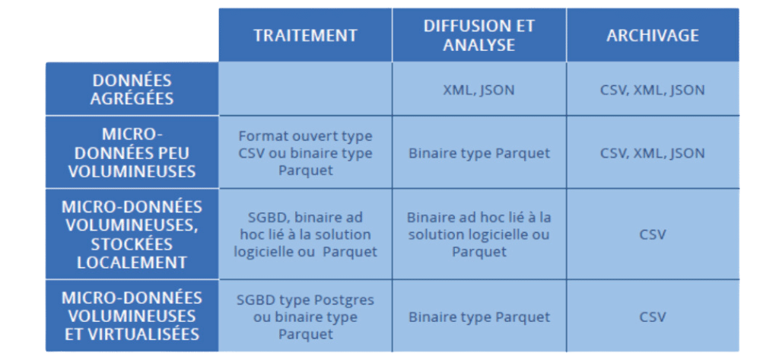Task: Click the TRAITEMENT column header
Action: pyautogui.click(x=305, y=35)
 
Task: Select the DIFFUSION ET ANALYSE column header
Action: pyautogui.click(x=479, y=35)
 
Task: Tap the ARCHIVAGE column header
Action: pyautogui.click(x=652, y=35)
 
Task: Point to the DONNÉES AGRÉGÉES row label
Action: pyautogui.click(x=132, y=89)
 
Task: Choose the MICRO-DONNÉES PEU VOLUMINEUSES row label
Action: pyautogui.click(x=132, y=153)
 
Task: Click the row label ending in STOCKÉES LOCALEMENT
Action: pyautogui.click(x=132, y=234)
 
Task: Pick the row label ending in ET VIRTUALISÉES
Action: pyautogui.click(x=132, y=316)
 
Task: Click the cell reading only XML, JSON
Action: pyautogui.click(x=479, y=90)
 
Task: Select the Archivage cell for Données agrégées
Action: pyautogui.click(x=652, y=90)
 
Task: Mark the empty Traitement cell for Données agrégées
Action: pyautogui.click(x=305, y=89)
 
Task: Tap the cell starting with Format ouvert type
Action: pyautogui.click(x=305, y=153)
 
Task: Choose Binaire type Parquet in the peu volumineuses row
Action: pyautogui.click(x=479, y=153)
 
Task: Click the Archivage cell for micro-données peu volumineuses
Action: pyautogui.click(x=652, y=153)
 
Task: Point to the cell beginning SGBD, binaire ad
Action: pyautogui.click(x=305, y=234)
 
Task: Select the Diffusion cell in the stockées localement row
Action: pyautogui.click(x=479, y=234)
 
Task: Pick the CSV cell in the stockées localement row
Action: pyautogui.click(x=652, y=234)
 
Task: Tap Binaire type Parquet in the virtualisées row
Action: pyautogui.click(x=479, y=317)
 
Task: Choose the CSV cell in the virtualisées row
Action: pyautogui.click(x=652, y=317)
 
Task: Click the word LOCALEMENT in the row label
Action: pyautogui.click(x=132, y=262)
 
